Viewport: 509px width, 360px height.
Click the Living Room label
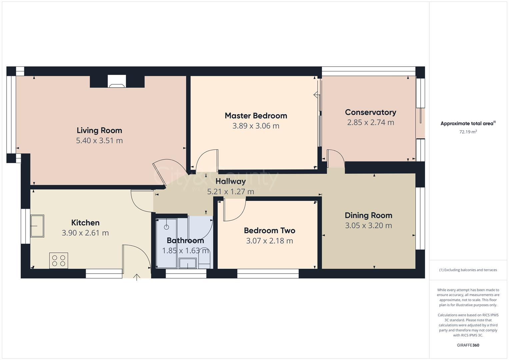(99, 130)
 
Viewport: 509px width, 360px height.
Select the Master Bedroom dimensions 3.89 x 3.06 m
(256, 126)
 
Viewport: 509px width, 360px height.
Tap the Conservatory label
(370, 112)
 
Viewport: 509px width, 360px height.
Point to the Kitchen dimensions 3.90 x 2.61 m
(85, 233)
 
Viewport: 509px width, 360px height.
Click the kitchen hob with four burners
(59, 261)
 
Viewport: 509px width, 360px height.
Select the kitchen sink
(37, 226)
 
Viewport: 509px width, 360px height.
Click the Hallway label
(230, 181)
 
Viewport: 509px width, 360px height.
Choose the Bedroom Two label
(269, 231)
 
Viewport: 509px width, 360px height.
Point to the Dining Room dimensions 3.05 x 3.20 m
(368, 226)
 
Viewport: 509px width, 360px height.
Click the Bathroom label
(185, 241)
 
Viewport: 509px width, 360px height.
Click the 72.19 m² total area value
(468, 132)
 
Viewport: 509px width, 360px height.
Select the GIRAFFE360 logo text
(468, 345)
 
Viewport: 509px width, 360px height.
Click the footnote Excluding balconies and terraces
(468, 270)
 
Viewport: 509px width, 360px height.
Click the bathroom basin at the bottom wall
(188, 263)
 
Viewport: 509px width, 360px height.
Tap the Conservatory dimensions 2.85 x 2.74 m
(370, 123)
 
